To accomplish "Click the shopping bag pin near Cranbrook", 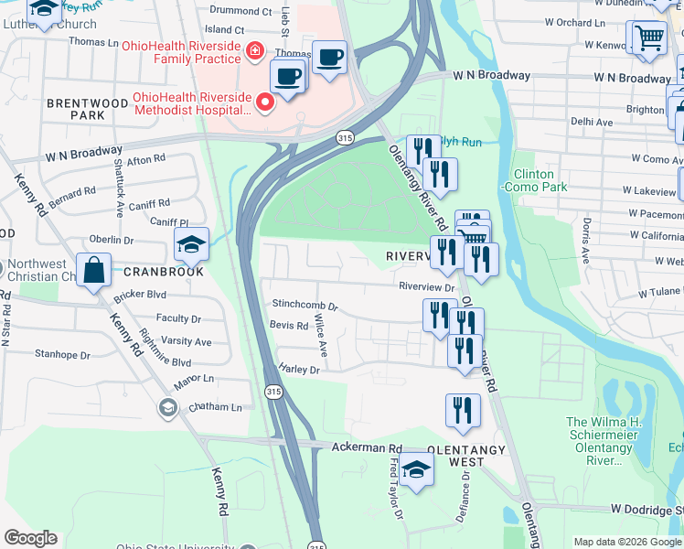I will coord(94,271).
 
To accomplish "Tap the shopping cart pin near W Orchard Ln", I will coord(649,38).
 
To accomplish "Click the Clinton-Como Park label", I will coord(540,180).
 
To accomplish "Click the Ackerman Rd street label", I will coord(368,447).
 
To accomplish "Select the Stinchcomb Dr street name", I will coord(305,306).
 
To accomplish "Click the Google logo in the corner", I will coord(30,538).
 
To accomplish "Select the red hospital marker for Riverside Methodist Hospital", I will coord(265,102).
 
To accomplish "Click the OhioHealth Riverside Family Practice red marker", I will coord(254,53).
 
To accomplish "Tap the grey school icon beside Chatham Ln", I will coord(167,406).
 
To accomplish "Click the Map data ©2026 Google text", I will coord(627,542).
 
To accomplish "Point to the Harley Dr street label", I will coord(300,371).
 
